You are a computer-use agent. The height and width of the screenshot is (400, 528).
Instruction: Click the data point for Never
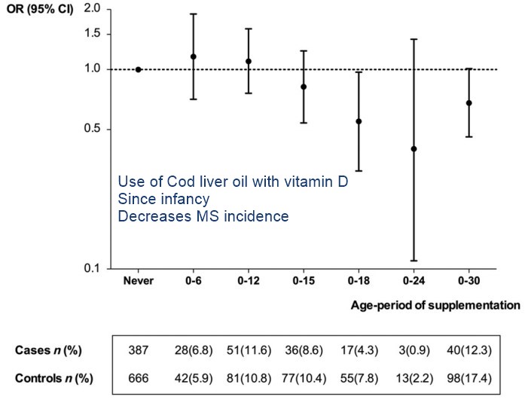coord(139,69)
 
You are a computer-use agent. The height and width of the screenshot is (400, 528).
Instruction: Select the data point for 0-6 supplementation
coord(194,56)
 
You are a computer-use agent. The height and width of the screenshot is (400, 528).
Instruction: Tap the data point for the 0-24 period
coord(414,148)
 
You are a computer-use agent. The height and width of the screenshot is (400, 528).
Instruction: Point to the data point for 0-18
coord(359,121)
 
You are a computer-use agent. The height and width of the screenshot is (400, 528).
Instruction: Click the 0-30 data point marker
coord(468,103)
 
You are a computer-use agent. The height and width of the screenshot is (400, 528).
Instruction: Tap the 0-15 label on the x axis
coord(304,282)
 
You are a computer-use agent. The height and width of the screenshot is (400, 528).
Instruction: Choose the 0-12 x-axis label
coord(249,282)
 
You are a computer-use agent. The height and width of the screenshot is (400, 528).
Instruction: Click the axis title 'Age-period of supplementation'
coord(435,306)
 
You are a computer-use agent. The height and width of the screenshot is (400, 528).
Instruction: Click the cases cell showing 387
coord(139,351)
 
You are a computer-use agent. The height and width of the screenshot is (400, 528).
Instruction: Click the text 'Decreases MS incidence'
coord(203,216)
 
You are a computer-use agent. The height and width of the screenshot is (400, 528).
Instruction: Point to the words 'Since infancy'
coord(163,199)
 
